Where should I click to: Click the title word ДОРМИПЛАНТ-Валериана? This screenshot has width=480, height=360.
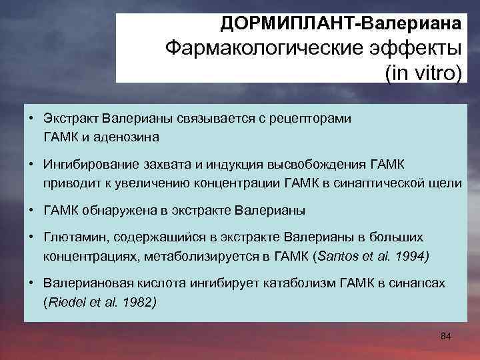pyautogui.click(x=341, y=24)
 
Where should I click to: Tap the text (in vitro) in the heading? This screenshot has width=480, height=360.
pyautogui.click(x=423, y=72)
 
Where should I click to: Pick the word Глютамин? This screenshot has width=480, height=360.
pyautogui.click(x=72, y=237)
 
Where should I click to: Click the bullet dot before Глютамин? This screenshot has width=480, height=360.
pyautogui.click(x=32, y=237)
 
